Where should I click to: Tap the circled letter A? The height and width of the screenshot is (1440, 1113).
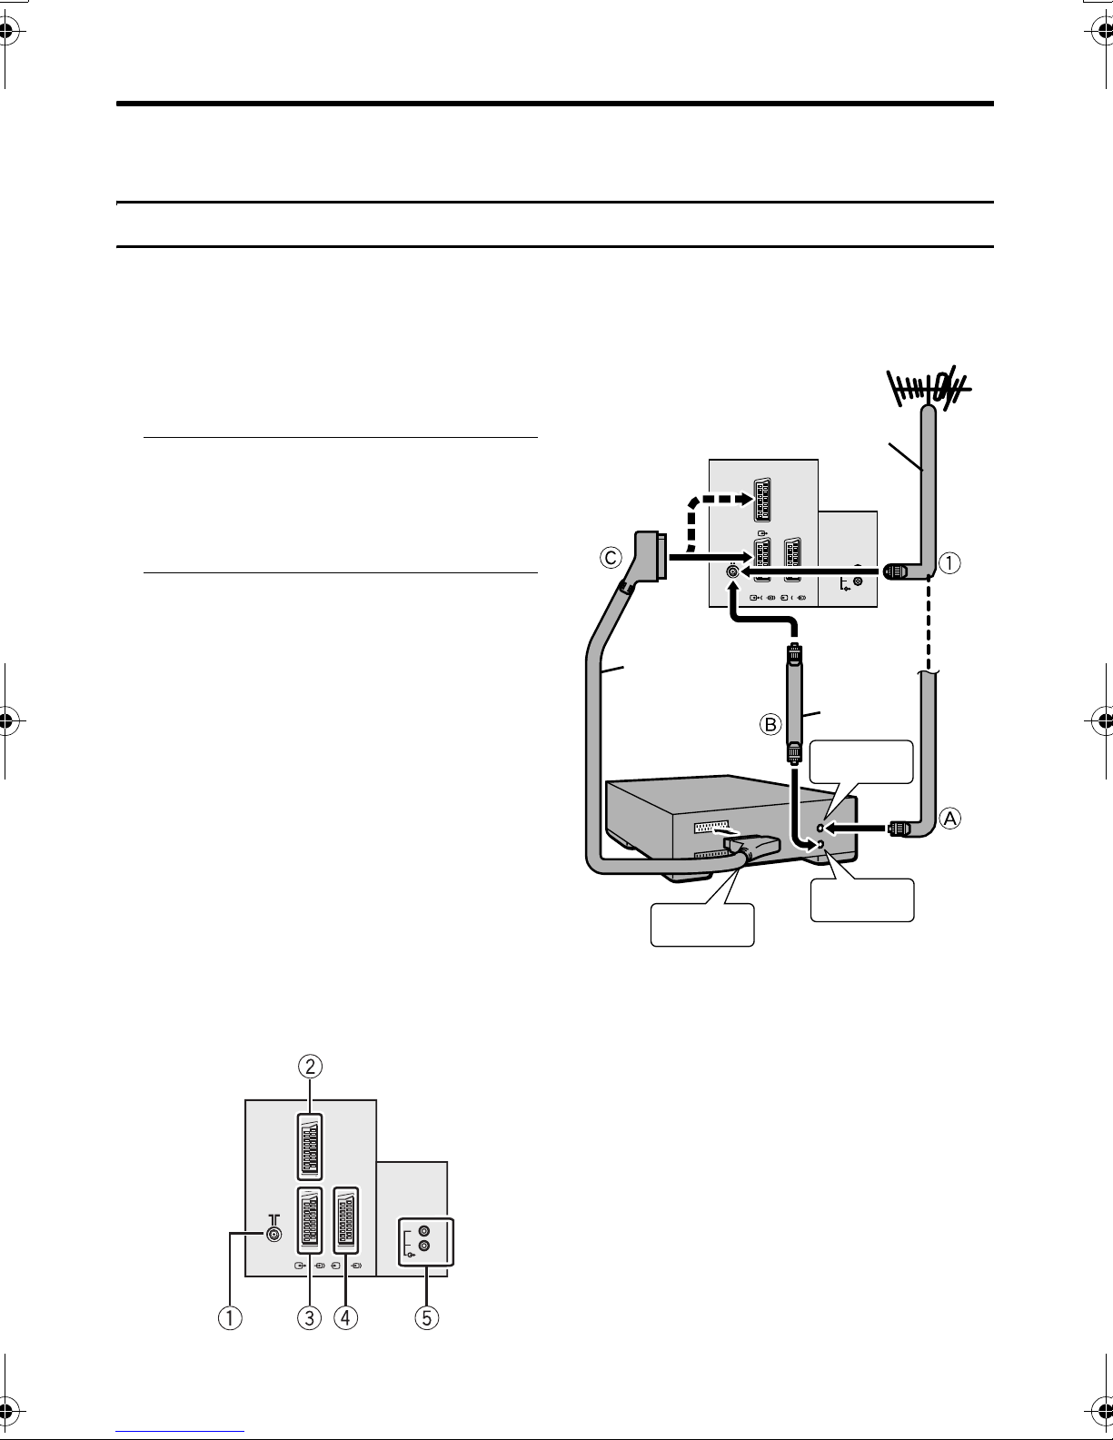[x=950, y=819]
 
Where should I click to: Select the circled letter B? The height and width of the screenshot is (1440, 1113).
[x=770, y=724]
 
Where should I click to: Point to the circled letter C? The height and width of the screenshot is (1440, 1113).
[x=611, y=557]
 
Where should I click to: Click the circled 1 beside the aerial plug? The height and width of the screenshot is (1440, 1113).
[x=949, y=562]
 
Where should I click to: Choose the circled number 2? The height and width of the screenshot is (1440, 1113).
[x=310, y=1067]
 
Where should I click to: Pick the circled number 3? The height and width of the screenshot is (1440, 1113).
[x=310, y=1317]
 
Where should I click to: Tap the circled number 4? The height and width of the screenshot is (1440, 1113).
[x=346, y=1317]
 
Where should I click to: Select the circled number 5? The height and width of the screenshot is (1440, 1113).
[x=427, y=1317]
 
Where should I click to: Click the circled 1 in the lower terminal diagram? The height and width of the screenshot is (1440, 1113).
[x=230, y=1317]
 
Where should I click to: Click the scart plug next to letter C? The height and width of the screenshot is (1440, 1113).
[x=650, y=556]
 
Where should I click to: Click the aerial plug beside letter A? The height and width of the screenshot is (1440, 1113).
[x=898, y=828]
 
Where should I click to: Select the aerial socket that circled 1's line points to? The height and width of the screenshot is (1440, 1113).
[x=273, y=1235]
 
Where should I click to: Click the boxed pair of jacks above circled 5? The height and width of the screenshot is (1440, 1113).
[x=425, y=1242]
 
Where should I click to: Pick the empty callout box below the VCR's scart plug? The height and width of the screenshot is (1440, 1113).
[x=702, y=925]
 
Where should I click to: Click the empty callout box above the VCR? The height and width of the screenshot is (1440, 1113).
[x=861, y=762]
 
